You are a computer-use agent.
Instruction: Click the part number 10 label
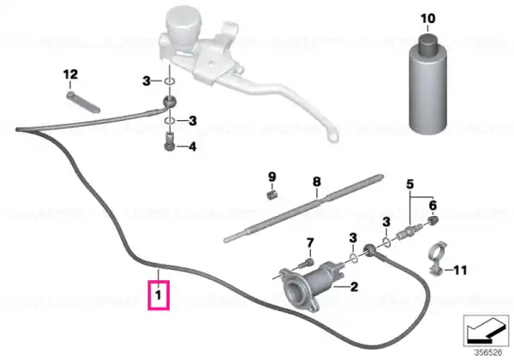tap(427, 18)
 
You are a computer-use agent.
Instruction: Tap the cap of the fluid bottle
tap(427, 41)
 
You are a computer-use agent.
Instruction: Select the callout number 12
tap(70, 75)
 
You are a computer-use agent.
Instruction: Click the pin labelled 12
tap(83, 102)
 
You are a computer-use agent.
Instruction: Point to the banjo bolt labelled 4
tap(170, 141)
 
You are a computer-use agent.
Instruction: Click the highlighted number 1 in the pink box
tap(158, 295)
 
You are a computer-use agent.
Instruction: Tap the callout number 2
tap(354, 287)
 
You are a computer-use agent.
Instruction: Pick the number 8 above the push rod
tap(317, 182)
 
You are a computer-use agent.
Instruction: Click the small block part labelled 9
tap(271, 195)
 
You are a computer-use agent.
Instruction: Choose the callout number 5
tap(409, 184)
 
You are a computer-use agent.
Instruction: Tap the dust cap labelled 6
tap(433, 220)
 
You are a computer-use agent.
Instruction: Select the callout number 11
tap(460, 270)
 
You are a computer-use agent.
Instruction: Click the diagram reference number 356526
tap(488, 352)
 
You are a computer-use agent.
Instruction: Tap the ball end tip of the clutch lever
tap(333, 135)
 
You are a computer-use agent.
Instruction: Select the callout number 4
tap(193, 147)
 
